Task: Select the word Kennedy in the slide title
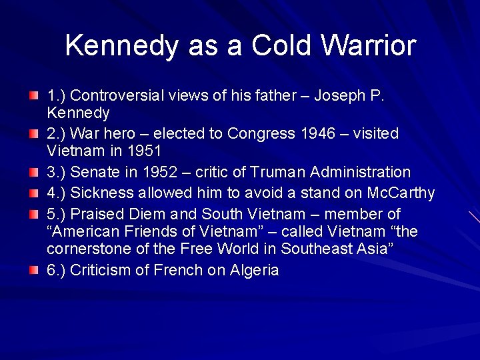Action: (121, 45)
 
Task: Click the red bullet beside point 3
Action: (34, 173)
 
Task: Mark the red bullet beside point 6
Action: (34, 271)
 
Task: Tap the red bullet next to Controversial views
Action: (34, 96)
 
